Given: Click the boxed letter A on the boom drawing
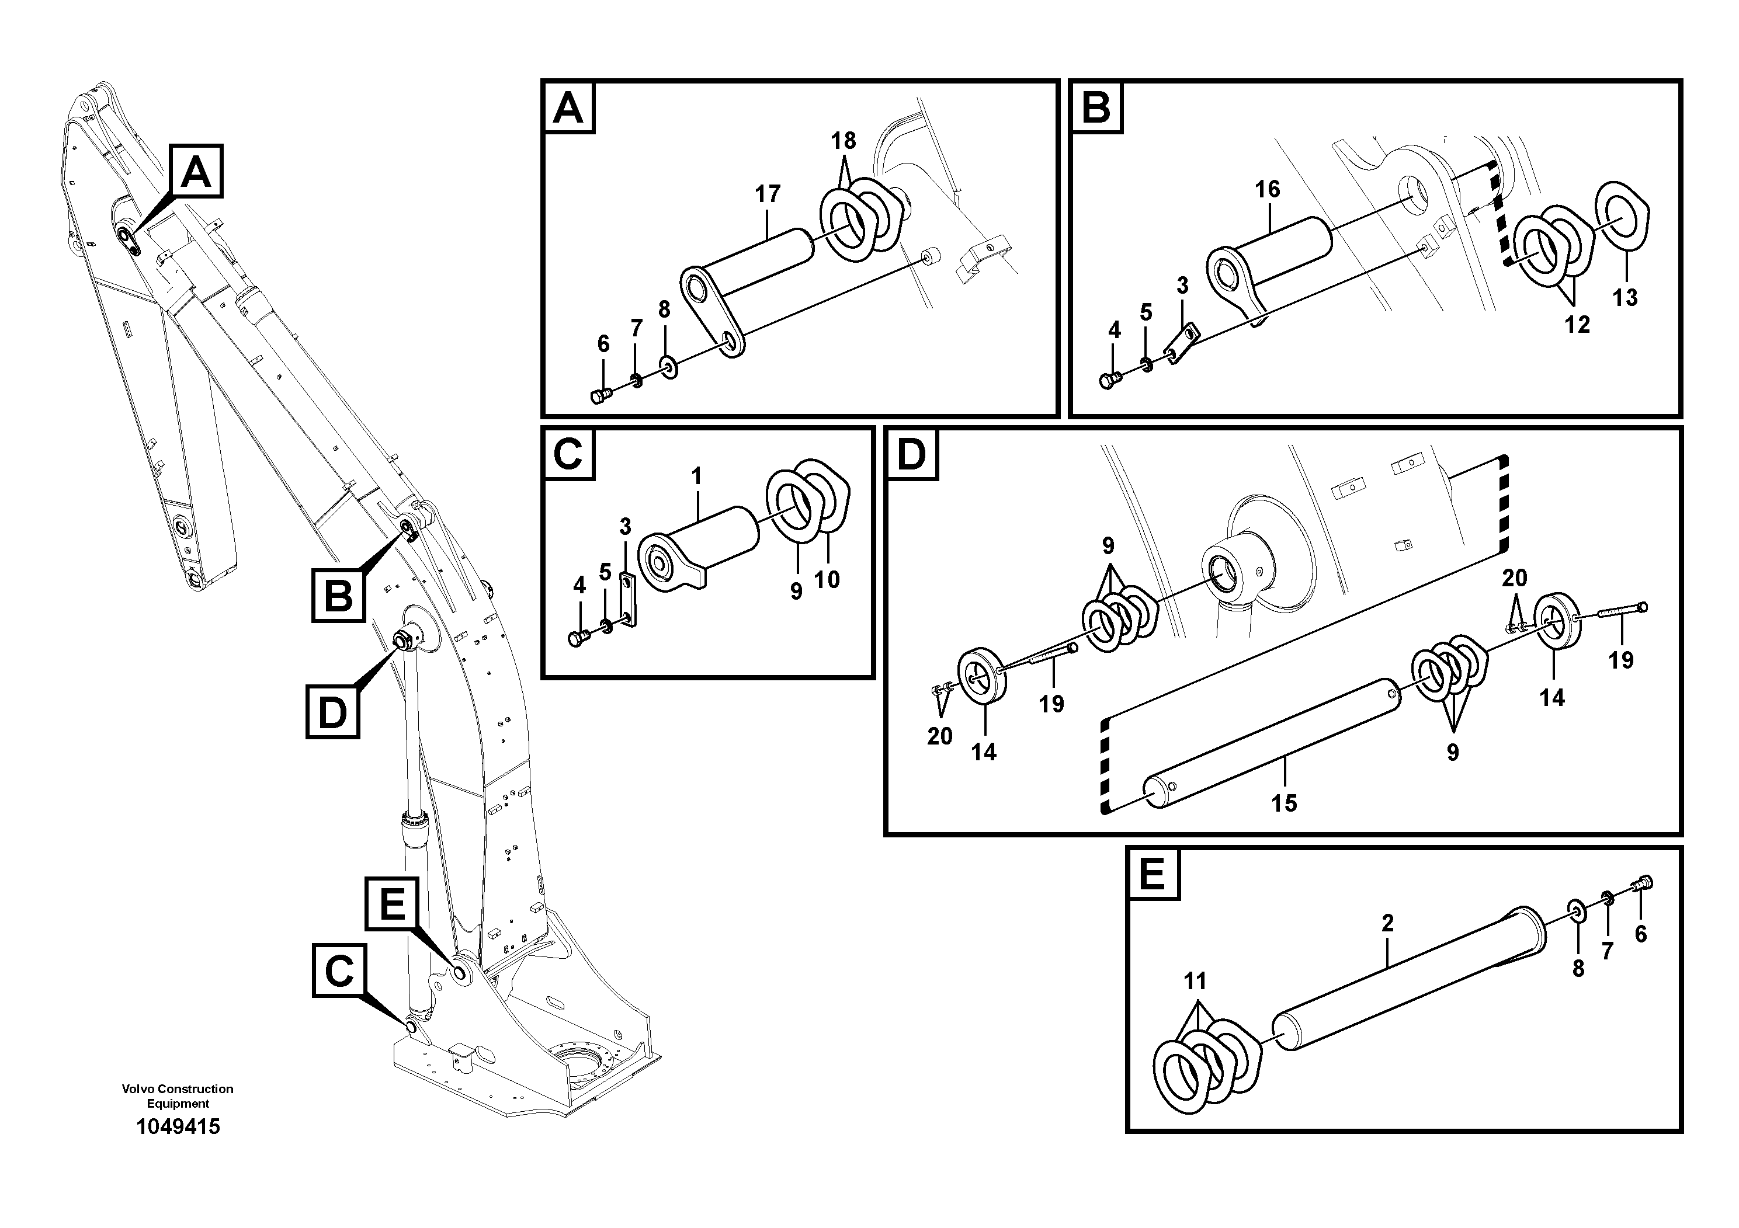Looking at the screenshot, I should [196, 171].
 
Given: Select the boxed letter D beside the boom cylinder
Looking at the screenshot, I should [332, 712].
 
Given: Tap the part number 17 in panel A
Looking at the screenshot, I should [767, 194].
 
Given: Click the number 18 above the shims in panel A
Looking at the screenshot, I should [843, 141].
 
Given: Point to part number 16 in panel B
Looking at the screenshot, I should [1267, 189].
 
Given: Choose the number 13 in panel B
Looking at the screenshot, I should [1625, 298].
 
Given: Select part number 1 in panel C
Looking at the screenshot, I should [697, 477].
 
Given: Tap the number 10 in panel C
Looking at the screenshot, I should [827, 580].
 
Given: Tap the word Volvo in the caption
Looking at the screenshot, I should [138, 1088].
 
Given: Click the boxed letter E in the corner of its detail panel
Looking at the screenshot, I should [1152, 875].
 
